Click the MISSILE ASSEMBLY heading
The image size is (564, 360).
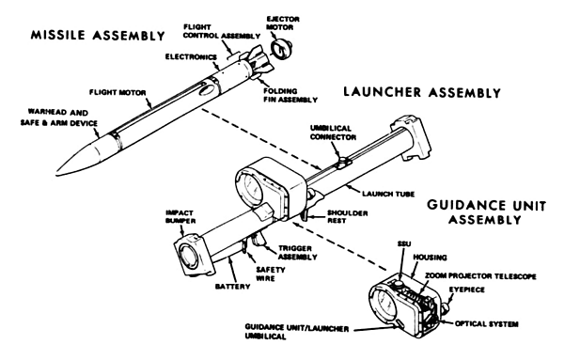(98, 35)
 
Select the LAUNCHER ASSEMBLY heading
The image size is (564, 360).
(422, 92)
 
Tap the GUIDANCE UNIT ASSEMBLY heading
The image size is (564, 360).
(486, 212)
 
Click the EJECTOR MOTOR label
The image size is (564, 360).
(283, 23)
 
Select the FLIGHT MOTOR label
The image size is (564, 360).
(117, 93)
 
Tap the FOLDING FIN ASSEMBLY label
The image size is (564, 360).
(290, 95)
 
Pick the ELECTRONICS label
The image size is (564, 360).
(191, 57)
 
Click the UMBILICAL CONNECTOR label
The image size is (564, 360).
(333, 133)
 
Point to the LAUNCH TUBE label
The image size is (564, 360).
(388, 195)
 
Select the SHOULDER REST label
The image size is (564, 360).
(348, 217)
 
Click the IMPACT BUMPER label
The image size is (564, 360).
(180, 217)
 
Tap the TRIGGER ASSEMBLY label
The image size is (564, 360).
(297, 253)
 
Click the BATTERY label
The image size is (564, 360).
(233, 287)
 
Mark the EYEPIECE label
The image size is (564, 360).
(466, 290)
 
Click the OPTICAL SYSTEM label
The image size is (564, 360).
(487, 324)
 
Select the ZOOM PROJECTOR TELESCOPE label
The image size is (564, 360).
(480, 276)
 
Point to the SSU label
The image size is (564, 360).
(404, 243)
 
